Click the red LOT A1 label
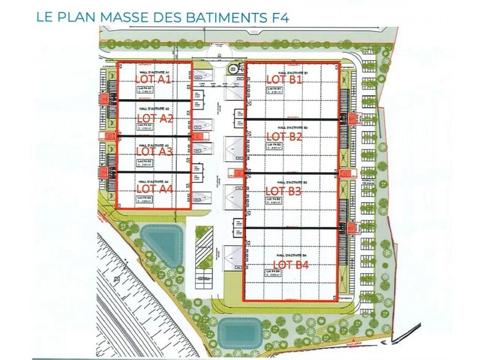pyautogui.click(x=153, y=80)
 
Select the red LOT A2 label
pyautogui.click(x=154, y=118)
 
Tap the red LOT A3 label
pyautogui.click(x=154, y=151)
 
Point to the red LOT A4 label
pyautogui.click(x=154, y=189)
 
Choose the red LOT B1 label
pyautogui.click(x=285, y=80)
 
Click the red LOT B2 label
pyautogui.click(x=285, y=136)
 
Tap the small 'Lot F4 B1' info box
pyautogui.click(x=274, y=92)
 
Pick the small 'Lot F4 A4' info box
pyautogui.click(x=144, y=200)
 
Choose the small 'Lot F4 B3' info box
pyautogui.click(x=274, y=201)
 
